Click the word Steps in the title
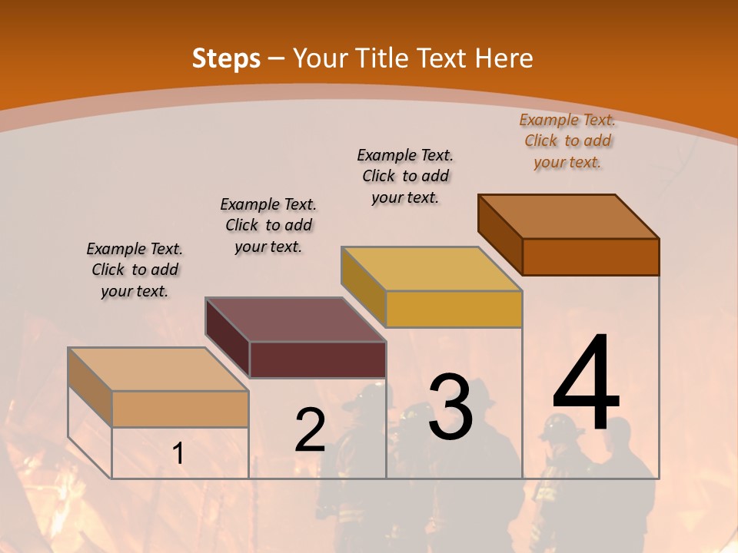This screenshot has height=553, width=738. pyautogui.click(x=226, y=58)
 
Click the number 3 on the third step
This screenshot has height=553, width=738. pyautogui.click(x=450, y=406)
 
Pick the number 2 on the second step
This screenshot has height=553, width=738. pyautogui.click(x=310, y=430)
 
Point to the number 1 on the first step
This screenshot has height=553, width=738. pyautogui.click(x=178, y=454)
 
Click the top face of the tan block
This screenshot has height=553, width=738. pyautogui.click(x=158, y=369)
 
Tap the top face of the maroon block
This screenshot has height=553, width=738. pyautogui.click(x=295, y=320)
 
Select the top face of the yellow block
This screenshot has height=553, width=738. pyautogui.click(x=431, y=269)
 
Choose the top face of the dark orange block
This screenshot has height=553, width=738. pyautogui.click(x=568, y=217)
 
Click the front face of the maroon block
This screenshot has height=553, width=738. pyautogui.click(x=317, y=359)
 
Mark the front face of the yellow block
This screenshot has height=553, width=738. pyautogui.click(x=454, y=309)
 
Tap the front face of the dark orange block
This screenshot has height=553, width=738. pyautogui.click(x=590, y=257)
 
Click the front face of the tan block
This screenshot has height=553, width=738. pyautogui.click(x=180, y=409)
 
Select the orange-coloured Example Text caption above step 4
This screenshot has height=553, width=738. pyautogui.click(x=567, y=141)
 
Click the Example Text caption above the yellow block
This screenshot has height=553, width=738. pyautogui.click(x=405, y=176)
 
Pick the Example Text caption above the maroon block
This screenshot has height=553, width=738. pyautogui.click(x=268, y=225)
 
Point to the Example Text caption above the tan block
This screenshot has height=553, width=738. pyautogui.click(x=135, y=270)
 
